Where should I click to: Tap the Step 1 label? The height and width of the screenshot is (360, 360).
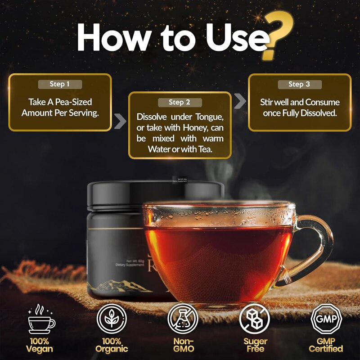[x=60, y=84]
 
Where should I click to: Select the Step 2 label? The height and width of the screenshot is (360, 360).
[x=180, y=103]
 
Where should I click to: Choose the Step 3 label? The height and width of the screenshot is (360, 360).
[x=299, y=84]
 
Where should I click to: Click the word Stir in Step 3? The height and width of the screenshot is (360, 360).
[x=269, y=102]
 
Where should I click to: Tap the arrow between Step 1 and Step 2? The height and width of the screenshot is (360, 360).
[x=120, y=121]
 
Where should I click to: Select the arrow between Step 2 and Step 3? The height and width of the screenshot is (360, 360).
[x=241, y=100]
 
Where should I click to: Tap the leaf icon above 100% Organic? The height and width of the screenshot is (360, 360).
[x=111, y=319]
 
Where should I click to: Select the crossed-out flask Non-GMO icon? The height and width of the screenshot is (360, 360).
[x=182, y=319]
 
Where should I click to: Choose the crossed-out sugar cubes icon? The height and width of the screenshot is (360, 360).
[x=254, y=319]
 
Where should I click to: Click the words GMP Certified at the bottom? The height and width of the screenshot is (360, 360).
[x=326, y=345]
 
